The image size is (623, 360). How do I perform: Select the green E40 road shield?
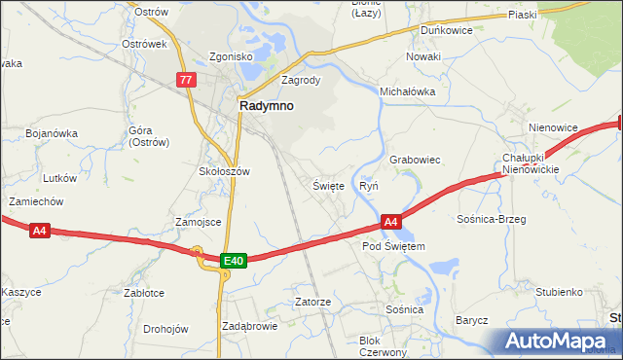233,260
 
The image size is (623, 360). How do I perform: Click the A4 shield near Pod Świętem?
389,223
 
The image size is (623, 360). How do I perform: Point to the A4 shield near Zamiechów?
39,231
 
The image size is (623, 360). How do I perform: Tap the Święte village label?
328,185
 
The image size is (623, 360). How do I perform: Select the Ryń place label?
369,185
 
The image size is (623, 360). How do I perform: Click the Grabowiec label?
416,159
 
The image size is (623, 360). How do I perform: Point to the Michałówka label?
407,91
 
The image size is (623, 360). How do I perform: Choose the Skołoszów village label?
225,171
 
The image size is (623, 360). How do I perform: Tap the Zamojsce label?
199,222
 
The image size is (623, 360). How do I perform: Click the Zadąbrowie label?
250,326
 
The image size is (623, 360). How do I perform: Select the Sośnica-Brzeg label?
491,219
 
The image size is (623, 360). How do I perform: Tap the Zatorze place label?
313,302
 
